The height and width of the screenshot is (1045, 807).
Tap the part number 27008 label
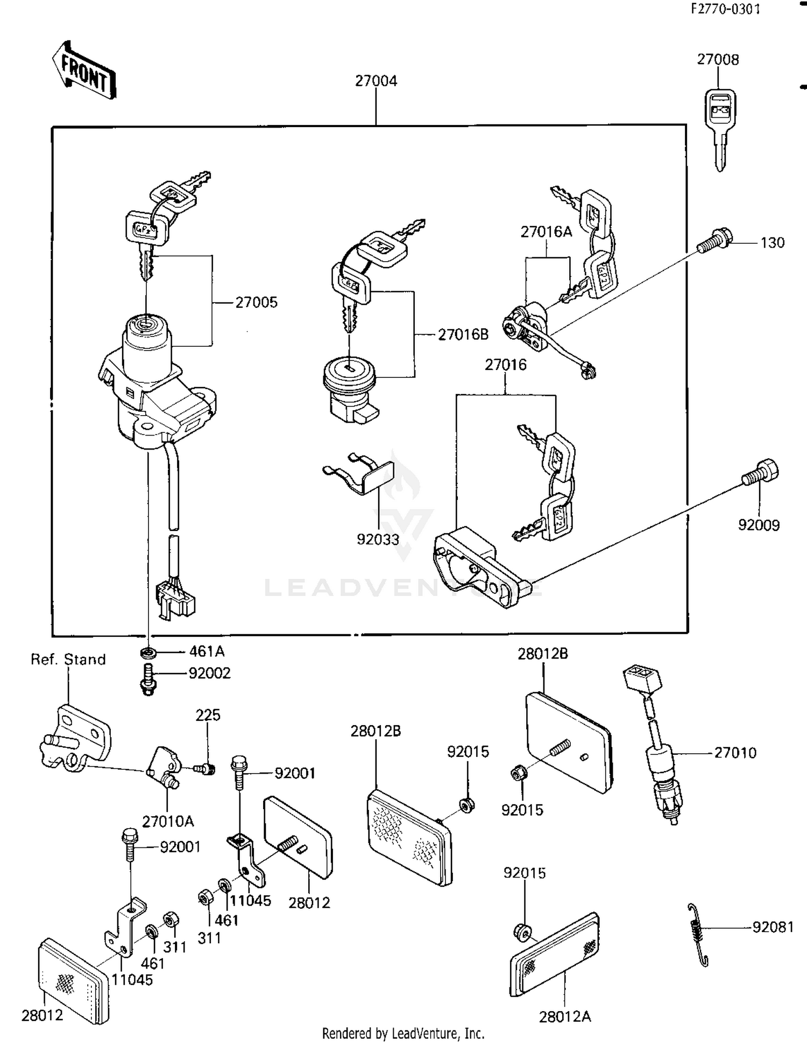pos(718,59)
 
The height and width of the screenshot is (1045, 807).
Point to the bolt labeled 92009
pos(760,473)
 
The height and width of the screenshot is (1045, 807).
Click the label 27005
pos(257,303)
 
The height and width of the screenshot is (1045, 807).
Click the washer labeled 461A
pos(148,653)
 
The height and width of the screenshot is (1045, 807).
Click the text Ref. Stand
pos(68,660)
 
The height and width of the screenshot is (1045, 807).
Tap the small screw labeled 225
pos(205,768)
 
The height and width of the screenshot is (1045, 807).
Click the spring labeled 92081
pos(698,934)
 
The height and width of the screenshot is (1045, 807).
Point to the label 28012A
pos(565,1016)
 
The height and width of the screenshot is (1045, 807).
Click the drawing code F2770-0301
pos(726,9)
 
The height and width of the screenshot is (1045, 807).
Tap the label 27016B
pos(463,335)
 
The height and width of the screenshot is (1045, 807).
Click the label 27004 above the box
pos(376,81)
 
